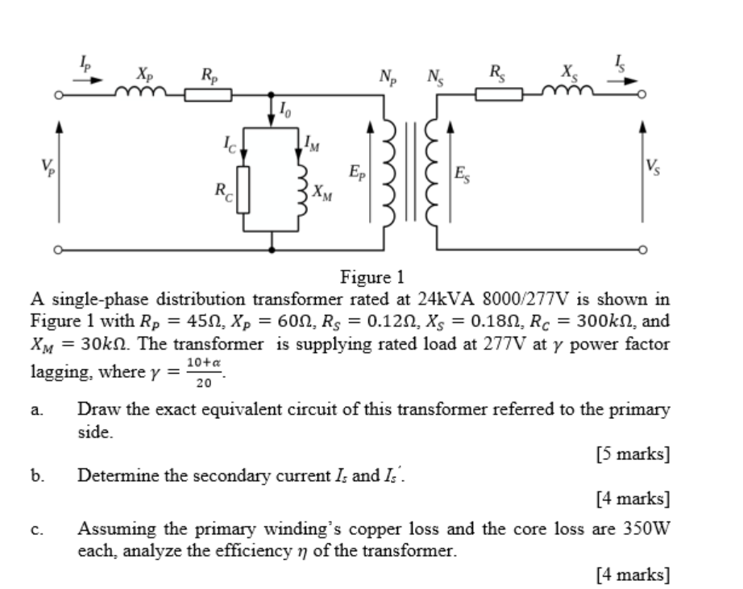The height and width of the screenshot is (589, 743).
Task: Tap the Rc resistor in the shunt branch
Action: point(240,188)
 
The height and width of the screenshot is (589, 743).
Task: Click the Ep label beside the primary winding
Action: point(355,172)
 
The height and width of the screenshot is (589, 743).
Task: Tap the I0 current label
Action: point(287,107)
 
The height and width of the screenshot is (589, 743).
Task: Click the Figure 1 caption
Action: point(372,279)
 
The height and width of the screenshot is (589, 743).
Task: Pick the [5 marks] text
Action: point(633,453)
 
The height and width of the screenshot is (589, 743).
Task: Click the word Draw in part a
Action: point(95,409)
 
